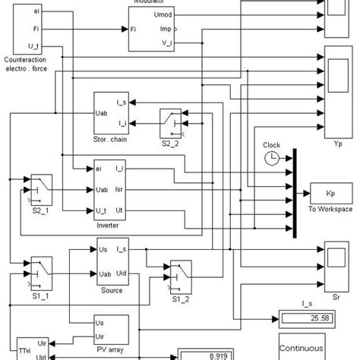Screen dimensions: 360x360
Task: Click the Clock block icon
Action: (272, 158)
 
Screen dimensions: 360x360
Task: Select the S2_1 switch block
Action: (39, 184)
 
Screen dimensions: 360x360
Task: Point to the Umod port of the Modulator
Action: (163, 14)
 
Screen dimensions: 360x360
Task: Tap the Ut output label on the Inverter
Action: (119, 208)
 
